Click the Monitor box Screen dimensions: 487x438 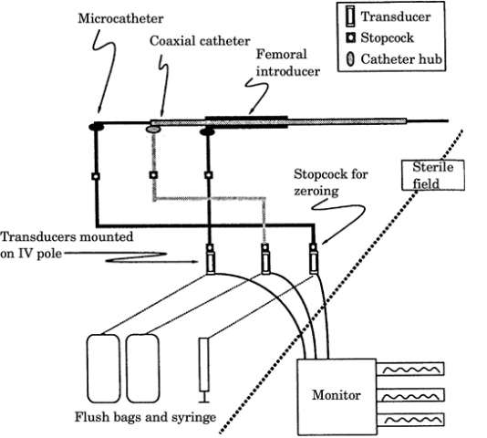pos(337,397)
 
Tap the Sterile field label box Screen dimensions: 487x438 pos(433,175)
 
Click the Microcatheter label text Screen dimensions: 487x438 pos(120,18)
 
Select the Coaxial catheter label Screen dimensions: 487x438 pos(200,41)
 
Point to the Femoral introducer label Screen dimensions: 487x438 pos(287,63)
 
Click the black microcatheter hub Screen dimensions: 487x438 pos(97,127)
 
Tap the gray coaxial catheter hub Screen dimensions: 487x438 pos(153,129)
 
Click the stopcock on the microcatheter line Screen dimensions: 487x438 pos(96,176)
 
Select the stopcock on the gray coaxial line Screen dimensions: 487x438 pos(153,175)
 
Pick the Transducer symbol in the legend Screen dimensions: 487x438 pos(350,16)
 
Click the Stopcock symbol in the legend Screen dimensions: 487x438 pos(351,38)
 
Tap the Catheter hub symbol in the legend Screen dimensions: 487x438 pos(350,59)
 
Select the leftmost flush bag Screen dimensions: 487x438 pos(103,369)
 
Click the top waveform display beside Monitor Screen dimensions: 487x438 pos(410,370)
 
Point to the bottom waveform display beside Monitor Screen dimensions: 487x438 pos(410,420)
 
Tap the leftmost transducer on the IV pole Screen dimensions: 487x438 pos(211,259)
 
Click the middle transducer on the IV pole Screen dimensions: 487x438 pos(265,259)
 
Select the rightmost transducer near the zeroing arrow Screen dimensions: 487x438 pos(314,259)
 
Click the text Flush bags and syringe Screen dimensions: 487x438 pos(145,417)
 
